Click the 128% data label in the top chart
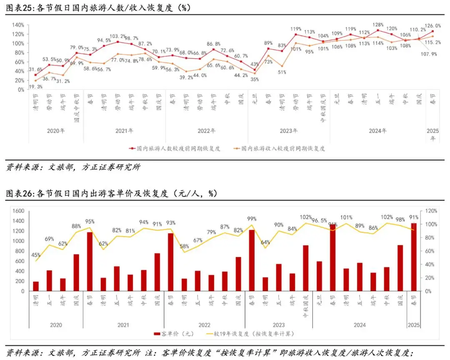378,25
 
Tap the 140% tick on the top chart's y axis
17,25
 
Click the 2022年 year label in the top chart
206,130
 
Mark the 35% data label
254,79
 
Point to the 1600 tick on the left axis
18,211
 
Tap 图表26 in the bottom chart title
19,193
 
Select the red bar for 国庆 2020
76,272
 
